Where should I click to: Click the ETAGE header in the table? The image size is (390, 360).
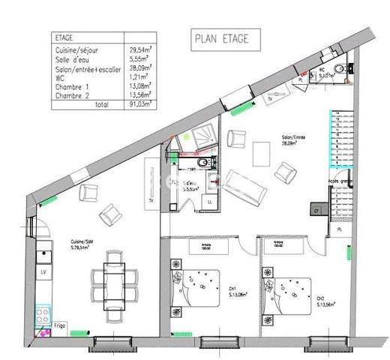click(65, 36)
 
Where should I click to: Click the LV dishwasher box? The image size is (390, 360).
click(44, 271)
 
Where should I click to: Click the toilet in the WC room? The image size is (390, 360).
click(339, 69)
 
